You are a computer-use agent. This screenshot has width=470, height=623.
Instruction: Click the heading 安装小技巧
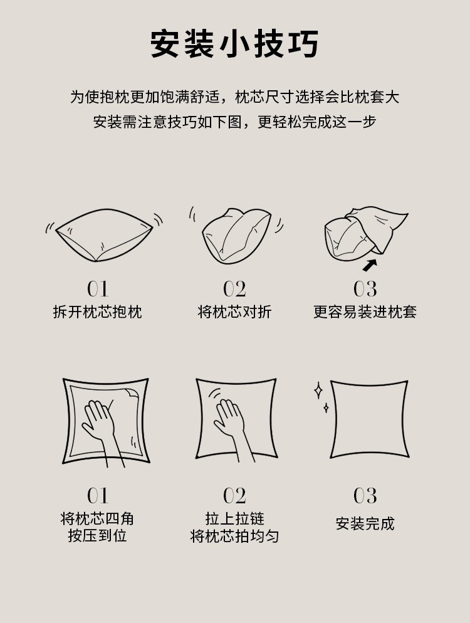234,44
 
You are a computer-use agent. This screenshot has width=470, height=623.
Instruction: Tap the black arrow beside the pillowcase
370,264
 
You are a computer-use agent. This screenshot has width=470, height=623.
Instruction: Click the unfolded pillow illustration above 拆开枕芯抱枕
104,235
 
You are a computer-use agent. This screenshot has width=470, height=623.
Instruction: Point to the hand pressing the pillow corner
100,426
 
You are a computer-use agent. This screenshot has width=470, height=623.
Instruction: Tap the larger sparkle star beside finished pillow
318,391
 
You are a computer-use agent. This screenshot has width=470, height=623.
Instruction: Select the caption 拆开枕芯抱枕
97,311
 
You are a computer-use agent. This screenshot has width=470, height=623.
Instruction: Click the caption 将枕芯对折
234,311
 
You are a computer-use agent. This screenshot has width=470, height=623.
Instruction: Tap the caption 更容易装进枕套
365,311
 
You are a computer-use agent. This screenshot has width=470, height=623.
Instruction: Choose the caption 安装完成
365,523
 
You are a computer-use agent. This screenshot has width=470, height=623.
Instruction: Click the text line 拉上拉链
234,519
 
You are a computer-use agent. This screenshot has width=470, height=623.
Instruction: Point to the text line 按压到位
97,536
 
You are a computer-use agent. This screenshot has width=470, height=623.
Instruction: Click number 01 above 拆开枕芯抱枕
97,289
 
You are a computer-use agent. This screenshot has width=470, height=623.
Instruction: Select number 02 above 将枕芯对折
234,289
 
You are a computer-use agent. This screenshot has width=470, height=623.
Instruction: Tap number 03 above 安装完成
365,496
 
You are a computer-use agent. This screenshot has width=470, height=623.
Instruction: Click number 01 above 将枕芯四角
97,496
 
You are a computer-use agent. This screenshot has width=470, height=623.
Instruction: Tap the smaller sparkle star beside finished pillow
326,408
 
